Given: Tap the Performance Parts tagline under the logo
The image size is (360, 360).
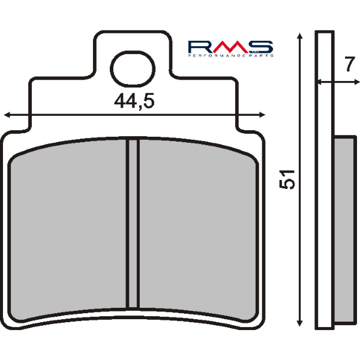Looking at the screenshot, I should pyautogui.click(x=230, y=55).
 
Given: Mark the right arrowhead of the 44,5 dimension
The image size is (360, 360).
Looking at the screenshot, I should pyautogui.click(x=261, y=113).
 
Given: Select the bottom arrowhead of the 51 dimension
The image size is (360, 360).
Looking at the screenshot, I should pyautogui.click(x=299, y=324).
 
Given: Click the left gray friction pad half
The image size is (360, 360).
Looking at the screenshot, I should pyautogui.click(x=69, y=231).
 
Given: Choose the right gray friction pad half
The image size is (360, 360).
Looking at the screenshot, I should pyautogui.click(x=198, y=231).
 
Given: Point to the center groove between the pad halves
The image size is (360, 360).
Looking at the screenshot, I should pyautogui.click(x=133, y=231).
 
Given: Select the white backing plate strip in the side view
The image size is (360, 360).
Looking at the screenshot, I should pyautogui.click(x=325, y=180).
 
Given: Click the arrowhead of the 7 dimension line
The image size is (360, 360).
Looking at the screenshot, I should pyautogui.click(x=320, y=82).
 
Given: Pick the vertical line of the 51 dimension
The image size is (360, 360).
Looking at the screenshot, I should pyautogui.click(x=299, y=240).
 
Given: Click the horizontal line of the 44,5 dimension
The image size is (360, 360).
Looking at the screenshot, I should pyautogui.click(x=72, y=113).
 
